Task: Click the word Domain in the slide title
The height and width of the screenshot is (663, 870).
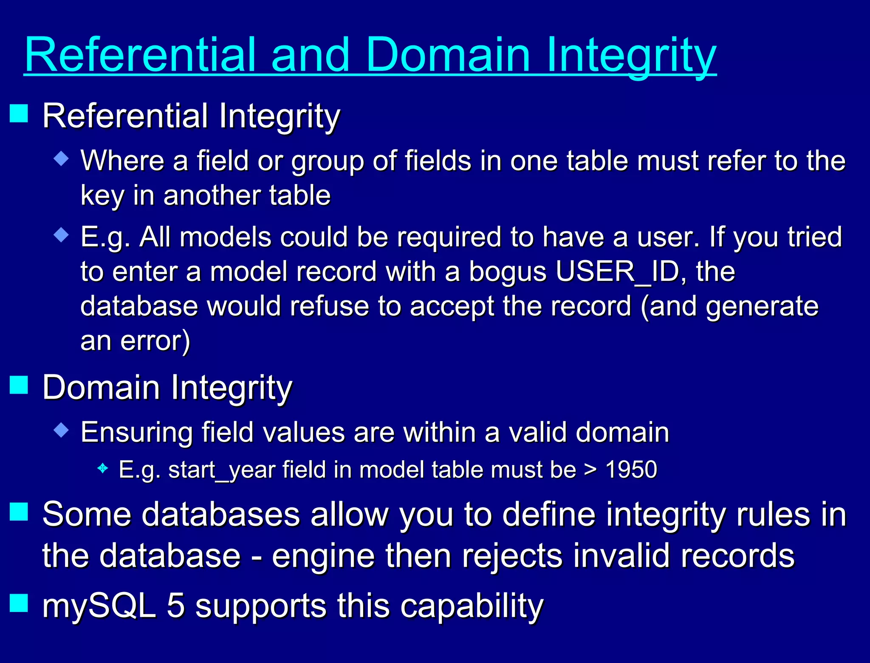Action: [448, 55]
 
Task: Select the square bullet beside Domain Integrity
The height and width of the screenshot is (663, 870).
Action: [19, 385]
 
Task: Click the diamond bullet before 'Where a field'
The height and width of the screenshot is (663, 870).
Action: [62, 159]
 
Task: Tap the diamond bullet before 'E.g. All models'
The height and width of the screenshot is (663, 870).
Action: [62, 235]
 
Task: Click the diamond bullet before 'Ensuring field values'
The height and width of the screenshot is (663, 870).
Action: [62, 430]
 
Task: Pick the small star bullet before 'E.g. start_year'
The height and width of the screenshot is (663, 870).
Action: [102, 468]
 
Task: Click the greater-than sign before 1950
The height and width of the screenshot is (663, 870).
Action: [590, 470]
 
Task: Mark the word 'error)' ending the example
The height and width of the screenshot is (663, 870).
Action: [155, 341]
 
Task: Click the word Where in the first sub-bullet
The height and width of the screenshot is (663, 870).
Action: [122, 161]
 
